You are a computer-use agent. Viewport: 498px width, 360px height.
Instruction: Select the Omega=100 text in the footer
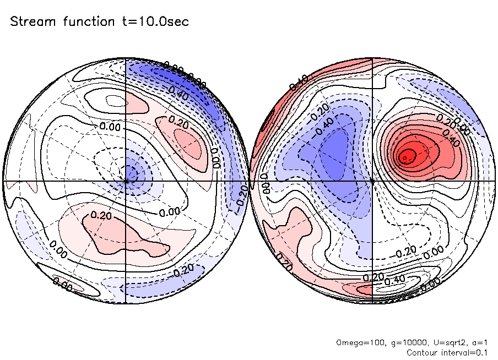(x=355, y=342)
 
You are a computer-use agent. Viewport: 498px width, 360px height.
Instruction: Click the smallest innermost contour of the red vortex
(x=405, y=158)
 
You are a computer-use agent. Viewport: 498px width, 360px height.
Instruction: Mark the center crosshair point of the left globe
(x=126, y=181)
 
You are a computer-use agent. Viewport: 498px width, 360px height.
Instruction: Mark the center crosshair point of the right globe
(x=372, y=181)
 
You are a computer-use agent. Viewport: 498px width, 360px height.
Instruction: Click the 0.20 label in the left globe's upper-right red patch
(x=178, y=121)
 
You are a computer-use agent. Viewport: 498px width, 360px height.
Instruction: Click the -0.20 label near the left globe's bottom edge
(x=183, y=271)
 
